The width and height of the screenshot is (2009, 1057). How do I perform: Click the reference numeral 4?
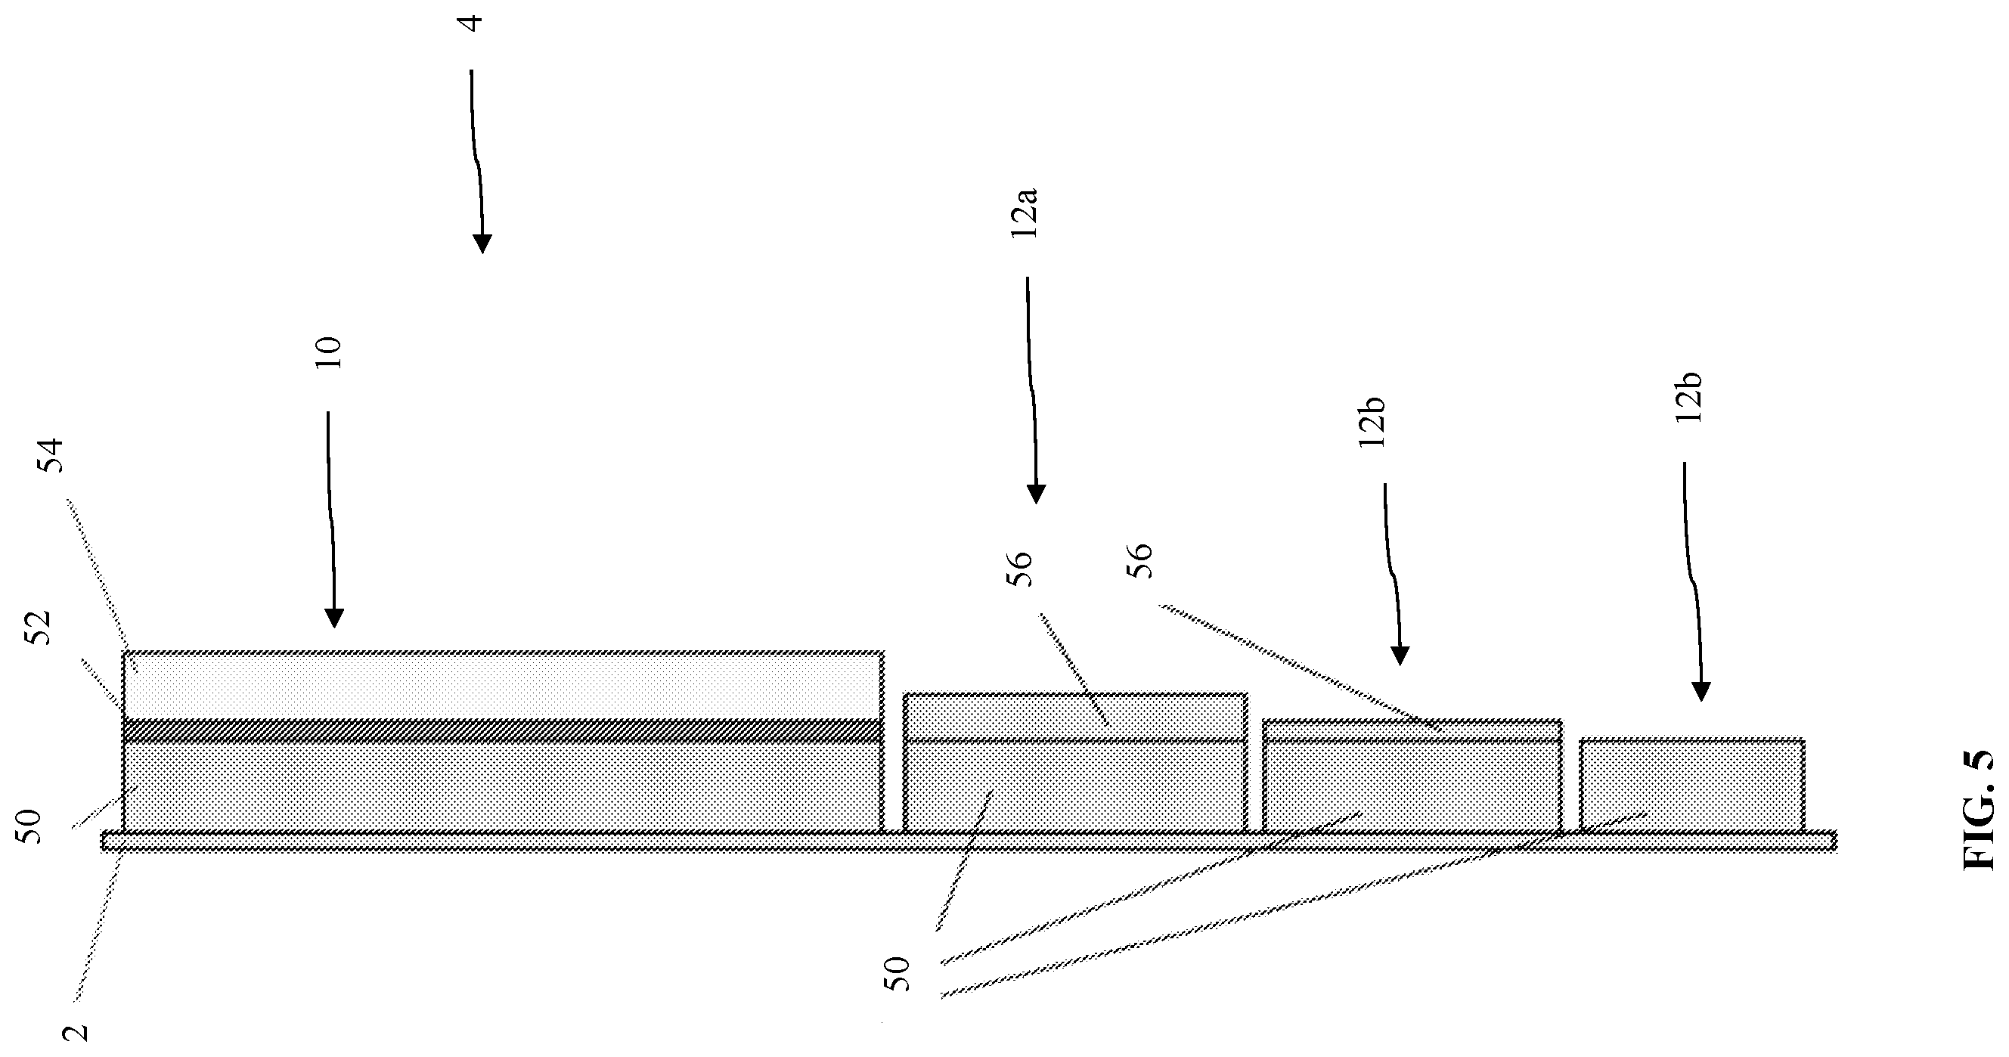[472, 21]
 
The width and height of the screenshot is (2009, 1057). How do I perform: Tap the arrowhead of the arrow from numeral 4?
[482, 244]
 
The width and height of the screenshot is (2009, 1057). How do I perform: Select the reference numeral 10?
[328, 353]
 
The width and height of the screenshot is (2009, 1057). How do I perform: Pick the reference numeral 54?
[50, 456]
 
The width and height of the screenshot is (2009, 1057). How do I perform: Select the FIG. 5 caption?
[1978, 811]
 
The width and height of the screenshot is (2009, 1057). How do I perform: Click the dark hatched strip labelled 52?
[503, 730]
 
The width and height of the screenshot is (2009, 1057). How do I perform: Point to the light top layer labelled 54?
[503, 685]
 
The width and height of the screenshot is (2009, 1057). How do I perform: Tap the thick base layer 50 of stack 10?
[503, 786]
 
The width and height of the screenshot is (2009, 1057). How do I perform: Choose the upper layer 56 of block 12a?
[1075, 716]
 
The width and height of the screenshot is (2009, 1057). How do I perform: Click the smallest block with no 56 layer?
[1692, 785]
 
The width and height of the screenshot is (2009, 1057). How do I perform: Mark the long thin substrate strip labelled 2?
[969, 840]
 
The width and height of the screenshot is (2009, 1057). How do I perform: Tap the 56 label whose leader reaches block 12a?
[1018, 568]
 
